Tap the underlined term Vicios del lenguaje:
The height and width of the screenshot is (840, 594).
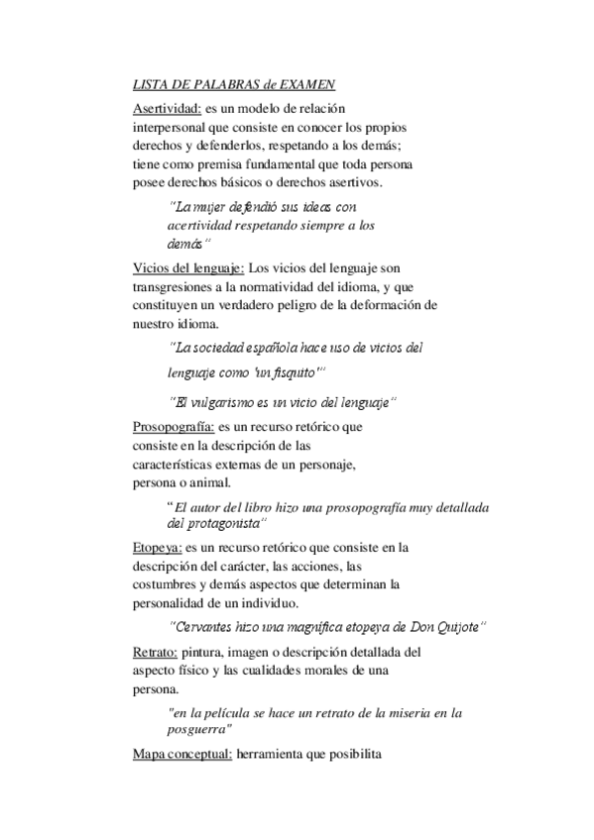188,267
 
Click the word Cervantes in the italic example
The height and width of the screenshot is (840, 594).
201,626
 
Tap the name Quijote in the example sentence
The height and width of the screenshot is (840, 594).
458,626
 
